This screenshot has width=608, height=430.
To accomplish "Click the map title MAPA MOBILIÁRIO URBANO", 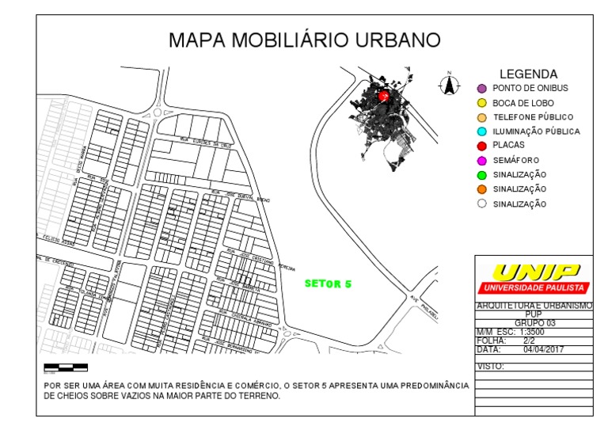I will click(x=305, y=40).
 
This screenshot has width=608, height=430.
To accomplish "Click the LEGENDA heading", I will click(x=528, y=74).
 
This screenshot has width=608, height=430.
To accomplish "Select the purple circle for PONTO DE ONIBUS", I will click(x=481, y=88).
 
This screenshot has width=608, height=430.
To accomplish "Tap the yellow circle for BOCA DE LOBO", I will click(x=481, y=103).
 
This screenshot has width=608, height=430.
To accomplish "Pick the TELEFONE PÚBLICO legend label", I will click(x=527, y=117).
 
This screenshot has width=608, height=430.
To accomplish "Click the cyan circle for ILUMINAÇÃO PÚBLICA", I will click(x=481, y=131).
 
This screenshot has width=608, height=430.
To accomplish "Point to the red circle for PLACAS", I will click(x=481, y=146).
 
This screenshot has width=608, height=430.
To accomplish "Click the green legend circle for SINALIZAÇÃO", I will click(x=481, y=174).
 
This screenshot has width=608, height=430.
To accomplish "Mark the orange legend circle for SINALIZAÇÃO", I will click(x=481, y=189).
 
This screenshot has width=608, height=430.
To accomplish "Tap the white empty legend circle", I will click(x=481, y=204).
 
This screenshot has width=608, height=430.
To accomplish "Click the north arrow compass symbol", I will click(x=449, y=83).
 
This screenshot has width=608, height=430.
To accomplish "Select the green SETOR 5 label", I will click(x=328, y=283).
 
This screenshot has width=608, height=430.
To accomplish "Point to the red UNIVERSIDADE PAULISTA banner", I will click(x=534, y=287).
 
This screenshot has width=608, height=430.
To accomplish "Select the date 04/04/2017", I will click(x=543, y=348).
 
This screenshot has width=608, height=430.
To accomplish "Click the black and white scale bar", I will click(x=65, y=367).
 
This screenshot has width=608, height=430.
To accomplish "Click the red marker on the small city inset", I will click(x=384, y=96).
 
